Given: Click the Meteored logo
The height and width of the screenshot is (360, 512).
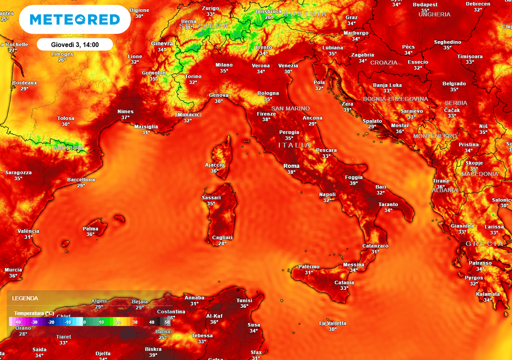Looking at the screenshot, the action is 75,19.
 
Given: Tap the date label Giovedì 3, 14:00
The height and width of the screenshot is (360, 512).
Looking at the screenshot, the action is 75,44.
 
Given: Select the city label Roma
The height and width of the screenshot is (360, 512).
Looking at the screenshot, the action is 291,166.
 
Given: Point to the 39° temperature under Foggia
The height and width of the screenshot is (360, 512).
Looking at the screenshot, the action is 354,183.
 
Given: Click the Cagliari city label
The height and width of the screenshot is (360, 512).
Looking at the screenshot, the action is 222,237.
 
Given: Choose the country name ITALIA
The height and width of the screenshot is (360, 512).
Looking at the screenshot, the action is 294,145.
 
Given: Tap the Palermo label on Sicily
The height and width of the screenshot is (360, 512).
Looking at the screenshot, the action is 308,266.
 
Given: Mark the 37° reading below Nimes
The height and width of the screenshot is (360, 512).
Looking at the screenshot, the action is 125,117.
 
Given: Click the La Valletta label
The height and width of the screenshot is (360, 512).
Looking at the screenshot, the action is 332,323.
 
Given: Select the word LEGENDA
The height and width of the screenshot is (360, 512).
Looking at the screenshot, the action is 25,298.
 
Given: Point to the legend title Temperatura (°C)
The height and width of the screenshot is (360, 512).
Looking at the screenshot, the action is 34,313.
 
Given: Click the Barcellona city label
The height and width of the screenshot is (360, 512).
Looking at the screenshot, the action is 81,179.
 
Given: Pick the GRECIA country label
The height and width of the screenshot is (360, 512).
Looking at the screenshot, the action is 484,243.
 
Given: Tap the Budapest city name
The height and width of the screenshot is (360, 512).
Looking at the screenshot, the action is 425,4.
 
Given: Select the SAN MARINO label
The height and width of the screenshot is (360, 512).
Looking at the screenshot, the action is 290,108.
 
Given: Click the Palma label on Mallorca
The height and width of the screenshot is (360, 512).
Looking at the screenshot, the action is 90,228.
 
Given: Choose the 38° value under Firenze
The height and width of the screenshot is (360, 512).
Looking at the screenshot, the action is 266,119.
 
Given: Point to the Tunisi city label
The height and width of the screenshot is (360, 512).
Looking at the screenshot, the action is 244,300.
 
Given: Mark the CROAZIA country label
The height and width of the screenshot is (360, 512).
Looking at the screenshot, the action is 384,62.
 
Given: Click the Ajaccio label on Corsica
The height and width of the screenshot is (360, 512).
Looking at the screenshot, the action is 215,165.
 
